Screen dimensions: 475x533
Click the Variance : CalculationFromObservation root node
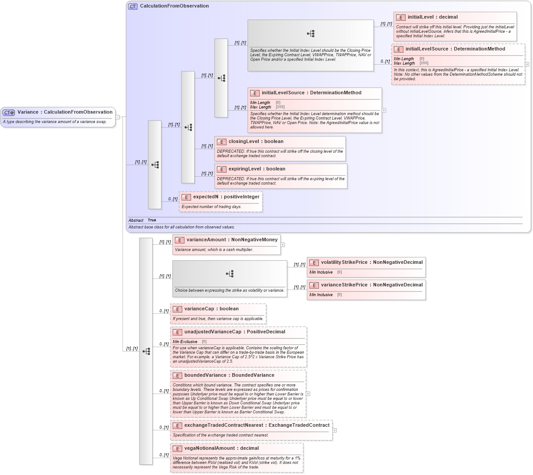[65, 112]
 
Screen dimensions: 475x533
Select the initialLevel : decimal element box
[432, 17]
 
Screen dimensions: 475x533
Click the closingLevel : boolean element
[256, 142]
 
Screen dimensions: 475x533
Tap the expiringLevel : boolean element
[257, 169]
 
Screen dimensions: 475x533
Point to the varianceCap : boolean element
[211, 309]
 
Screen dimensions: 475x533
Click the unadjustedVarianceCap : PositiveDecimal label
[234, 332]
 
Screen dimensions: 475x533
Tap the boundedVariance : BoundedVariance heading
[229, 375]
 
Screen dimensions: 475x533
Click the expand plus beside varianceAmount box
[283, 245]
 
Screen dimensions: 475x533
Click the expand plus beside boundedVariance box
[308, 394]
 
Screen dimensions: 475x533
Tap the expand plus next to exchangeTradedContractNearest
[334, 430]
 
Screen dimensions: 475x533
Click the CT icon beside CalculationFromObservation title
[133, 6]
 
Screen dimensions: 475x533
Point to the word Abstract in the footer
[136, 220]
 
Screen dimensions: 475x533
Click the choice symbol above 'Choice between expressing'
[230, 274]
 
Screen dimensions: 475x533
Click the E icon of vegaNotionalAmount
[177, 449]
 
